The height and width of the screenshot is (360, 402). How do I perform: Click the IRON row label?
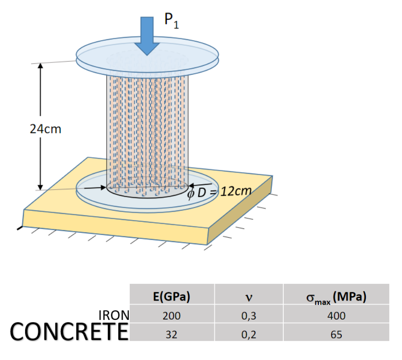[x=113, y=315]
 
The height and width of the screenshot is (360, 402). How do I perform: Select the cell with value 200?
[x=172, y=315]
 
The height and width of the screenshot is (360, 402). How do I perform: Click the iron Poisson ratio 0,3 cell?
[x=249, y=315]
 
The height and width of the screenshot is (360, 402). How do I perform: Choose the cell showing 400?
[x=336, y=315]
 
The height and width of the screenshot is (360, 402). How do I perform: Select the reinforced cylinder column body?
[x=148, y=123]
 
